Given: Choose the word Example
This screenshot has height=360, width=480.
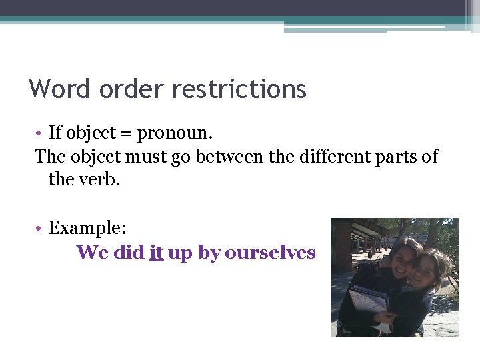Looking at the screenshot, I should (x=87, y=229).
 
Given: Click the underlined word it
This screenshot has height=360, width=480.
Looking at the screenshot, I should (x=157, y=253).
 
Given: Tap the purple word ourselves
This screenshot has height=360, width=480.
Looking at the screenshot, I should (x=270, y=253).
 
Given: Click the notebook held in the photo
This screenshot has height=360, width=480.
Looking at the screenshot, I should (x=368, y=299).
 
